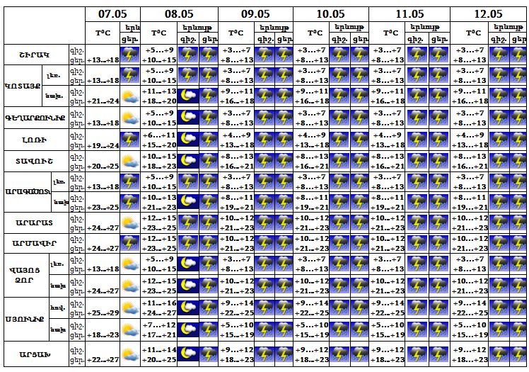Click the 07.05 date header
pos(112,13)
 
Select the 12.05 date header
pos(488,13)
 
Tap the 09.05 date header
pos(255,13)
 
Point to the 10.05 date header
pos(330,13)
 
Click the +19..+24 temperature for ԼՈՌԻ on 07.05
pos(103,146)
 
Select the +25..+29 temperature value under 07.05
pos(103,312)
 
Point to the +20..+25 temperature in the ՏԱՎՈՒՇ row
pos(103,167)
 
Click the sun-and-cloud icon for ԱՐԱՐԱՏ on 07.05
pos(129,222)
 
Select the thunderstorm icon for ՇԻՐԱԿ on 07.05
pos(129,55)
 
